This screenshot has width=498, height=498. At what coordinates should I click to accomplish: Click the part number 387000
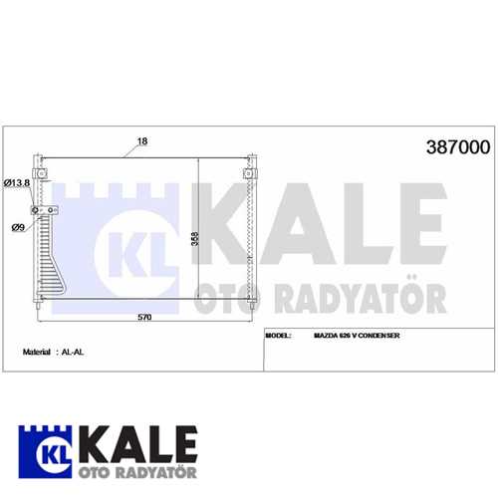458,147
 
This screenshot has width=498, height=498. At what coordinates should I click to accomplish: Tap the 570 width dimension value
144,317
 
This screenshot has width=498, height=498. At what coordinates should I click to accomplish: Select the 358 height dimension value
195,239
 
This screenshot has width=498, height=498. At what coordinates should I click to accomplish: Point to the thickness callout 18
142,141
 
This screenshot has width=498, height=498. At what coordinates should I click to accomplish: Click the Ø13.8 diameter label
17,183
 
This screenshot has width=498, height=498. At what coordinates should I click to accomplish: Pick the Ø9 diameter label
18,227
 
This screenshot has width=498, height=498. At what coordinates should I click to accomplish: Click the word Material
37,352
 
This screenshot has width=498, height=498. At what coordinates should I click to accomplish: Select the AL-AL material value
73,352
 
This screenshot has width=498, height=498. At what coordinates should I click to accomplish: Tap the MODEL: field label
278,336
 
